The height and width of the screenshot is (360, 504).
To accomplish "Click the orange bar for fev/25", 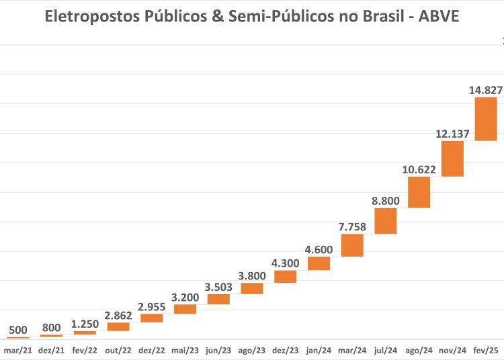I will pyautogui.click(x=486, y=119).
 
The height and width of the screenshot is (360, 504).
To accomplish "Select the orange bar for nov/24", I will pyautogui.click(x=452, y=159).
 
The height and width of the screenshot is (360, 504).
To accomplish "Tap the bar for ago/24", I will pyautogui.click(x=419, y=192).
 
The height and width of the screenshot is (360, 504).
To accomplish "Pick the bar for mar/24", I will pyautogui.click(x=352, y=245).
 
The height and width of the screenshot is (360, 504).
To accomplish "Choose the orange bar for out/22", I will pyautogui.click(x=118, y=326).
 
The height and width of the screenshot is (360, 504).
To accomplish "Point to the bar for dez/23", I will pyautogui.click(x=286, y=276).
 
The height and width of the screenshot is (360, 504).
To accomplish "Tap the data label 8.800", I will pyautogui.click(x=386, y=200).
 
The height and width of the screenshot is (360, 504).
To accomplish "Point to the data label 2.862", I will pyautogui.click(x=118, y=314).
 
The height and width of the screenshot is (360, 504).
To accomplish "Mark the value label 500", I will pyautogui.click(x=18, y=330).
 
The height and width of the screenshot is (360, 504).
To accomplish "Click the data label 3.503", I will pyautogui.click(x=218, y=287).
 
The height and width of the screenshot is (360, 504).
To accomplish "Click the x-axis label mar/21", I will pyautogui.click(x=18, y=351).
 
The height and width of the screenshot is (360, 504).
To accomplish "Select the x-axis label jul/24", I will pyautogui.click(x=386, y=351).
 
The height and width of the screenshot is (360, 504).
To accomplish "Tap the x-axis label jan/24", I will pyautogui.click(x=319, y=351).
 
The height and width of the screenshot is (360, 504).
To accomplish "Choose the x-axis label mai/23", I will pyautogui.click(x=185, y=351).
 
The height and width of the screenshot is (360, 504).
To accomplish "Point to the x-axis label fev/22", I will pyautogui.click(x=85, y=351).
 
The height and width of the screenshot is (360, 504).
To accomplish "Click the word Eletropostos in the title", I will pyautogui.click(x=88, y=17).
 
